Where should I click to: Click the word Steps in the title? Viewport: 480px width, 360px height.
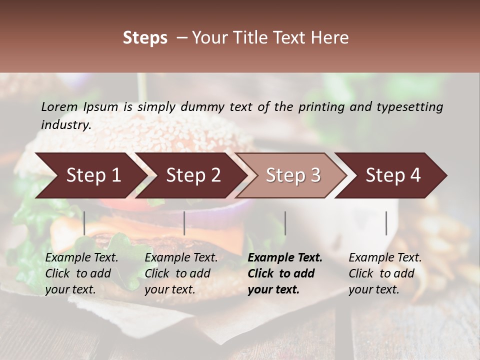(145, 38)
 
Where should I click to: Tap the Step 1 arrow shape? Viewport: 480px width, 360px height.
(90, 175)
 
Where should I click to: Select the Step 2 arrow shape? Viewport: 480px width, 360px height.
(193, 175)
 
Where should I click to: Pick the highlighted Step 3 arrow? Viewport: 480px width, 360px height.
(293, 175)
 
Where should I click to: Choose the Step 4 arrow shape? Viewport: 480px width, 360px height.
(393, 175)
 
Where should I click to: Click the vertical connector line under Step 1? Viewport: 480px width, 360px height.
(84, 223)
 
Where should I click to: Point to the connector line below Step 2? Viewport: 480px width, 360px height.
(184, 223)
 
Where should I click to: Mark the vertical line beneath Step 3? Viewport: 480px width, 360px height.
(285, 223)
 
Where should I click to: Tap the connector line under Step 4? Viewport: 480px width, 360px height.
(386, 223)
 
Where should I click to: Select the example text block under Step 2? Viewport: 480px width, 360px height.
(181, 273)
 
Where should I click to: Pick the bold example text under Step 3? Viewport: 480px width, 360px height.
(285, 273)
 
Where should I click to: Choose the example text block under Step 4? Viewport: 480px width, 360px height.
(385, 273)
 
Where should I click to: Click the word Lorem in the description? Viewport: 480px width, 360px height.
(59, 106)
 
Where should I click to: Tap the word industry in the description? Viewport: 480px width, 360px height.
(66, 125)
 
